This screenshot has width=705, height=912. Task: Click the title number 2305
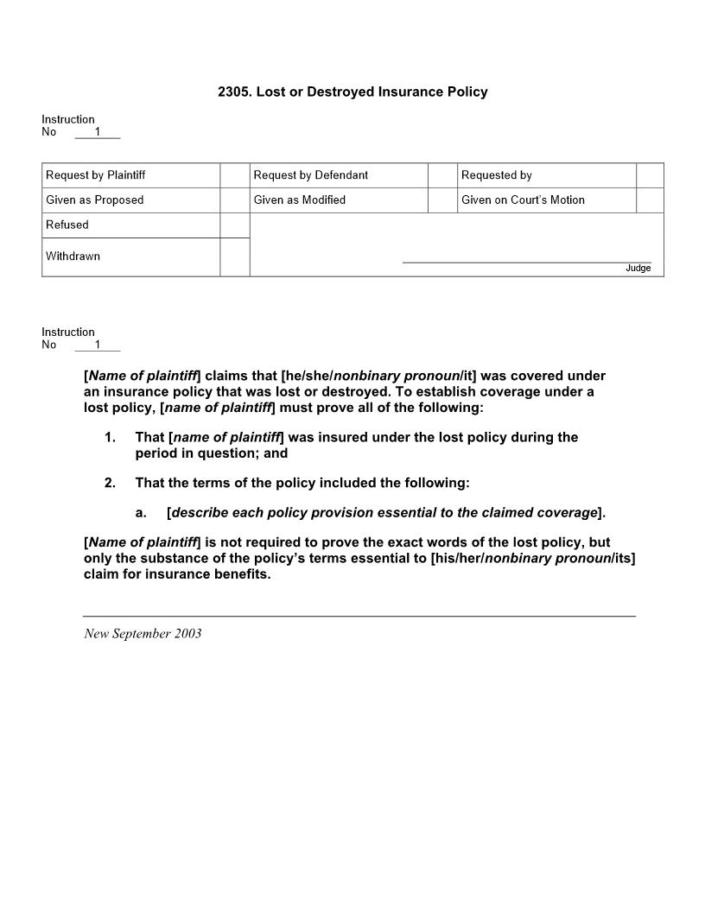(234, 92)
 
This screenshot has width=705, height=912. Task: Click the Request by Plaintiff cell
(96, 175)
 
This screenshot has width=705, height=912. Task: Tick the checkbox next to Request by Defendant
(442, 175)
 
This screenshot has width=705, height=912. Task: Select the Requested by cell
(497, 175)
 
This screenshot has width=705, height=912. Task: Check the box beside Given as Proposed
(234, 200)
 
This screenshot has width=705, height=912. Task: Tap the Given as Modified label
(300, 200)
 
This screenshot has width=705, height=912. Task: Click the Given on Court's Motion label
(523, 200)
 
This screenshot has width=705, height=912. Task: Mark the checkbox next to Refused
(234, 225)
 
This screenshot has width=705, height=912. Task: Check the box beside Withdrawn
(234, 257)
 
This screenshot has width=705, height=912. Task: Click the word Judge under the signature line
(638, 269)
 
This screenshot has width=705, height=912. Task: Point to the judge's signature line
(526, 261)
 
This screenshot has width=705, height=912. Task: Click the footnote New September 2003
(143, 634)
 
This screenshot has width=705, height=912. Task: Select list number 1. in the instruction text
(110, 438)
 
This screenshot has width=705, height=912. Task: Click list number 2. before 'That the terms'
(110, 483)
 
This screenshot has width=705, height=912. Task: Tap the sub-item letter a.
(141, 513)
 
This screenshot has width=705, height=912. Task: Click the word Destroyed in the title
(333, 92)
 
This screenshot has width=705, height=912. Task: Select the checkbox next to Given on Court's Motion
(650, 200)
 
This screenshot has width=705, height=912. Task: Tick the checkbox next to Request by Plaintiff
(234, 175)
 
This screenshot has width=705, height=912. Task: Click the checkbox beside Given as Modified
(442, 200)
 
